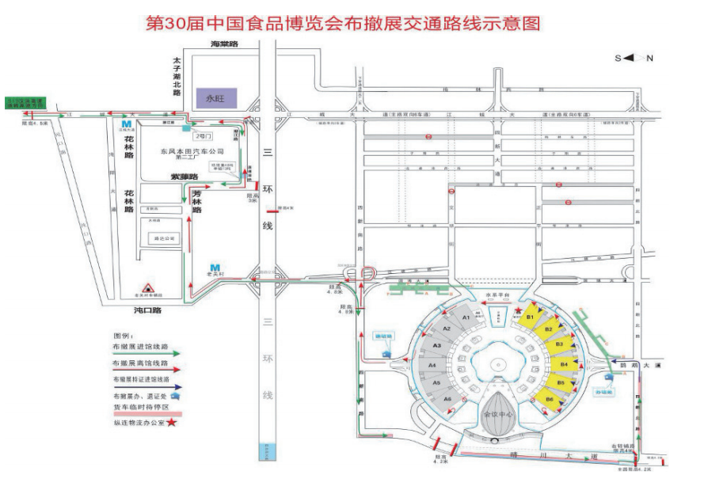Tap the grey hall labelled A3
pos(435,346)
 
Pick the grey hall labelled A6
pos(447,400)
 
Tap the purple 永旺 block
pos(216,99)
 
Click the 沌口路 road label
pos(148,310)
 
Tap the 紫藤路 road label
pos(184,177)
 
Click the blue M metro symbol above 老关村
pos(215,266)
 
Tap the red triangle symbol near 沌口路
pos(147,289)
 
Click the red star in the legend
pos(172,422)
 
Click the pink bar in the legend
pos(150,413)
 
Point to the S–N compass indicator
pos(633,58)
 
